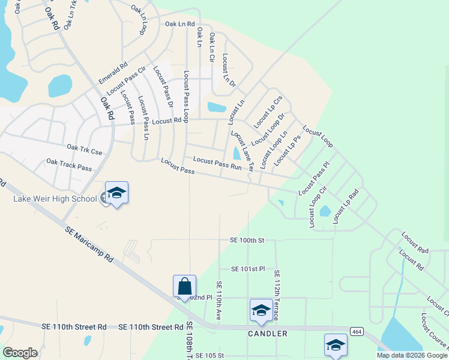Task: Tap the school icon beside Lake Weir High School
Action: point(116,193)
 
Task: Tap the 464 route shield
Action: point(357,331)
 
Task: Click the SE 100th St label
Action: point(247,240)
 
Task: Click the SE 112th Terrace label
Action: point(277,295)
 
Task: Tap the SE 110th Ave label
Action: point(218,300)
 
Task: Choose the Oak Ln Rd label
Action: point(180,24)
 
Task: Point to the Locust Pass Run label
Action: point(217,163)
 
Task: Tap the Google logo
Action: point(20,353)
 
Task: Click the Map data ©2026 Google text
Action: point(412,355)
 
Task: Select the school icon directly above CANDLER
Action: point(261,310)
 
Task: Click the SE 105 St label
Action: point(209,356)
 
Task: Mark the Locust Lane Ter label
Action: point(243,150)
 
